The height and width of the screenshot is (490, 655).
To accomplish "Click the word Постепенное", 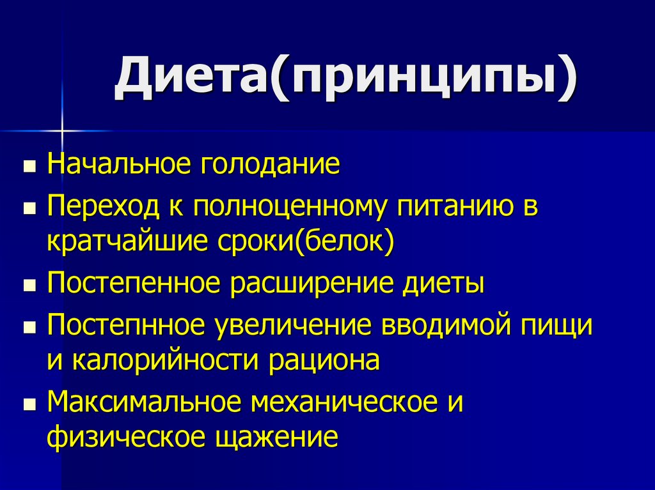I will click(x=130, y=284).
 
